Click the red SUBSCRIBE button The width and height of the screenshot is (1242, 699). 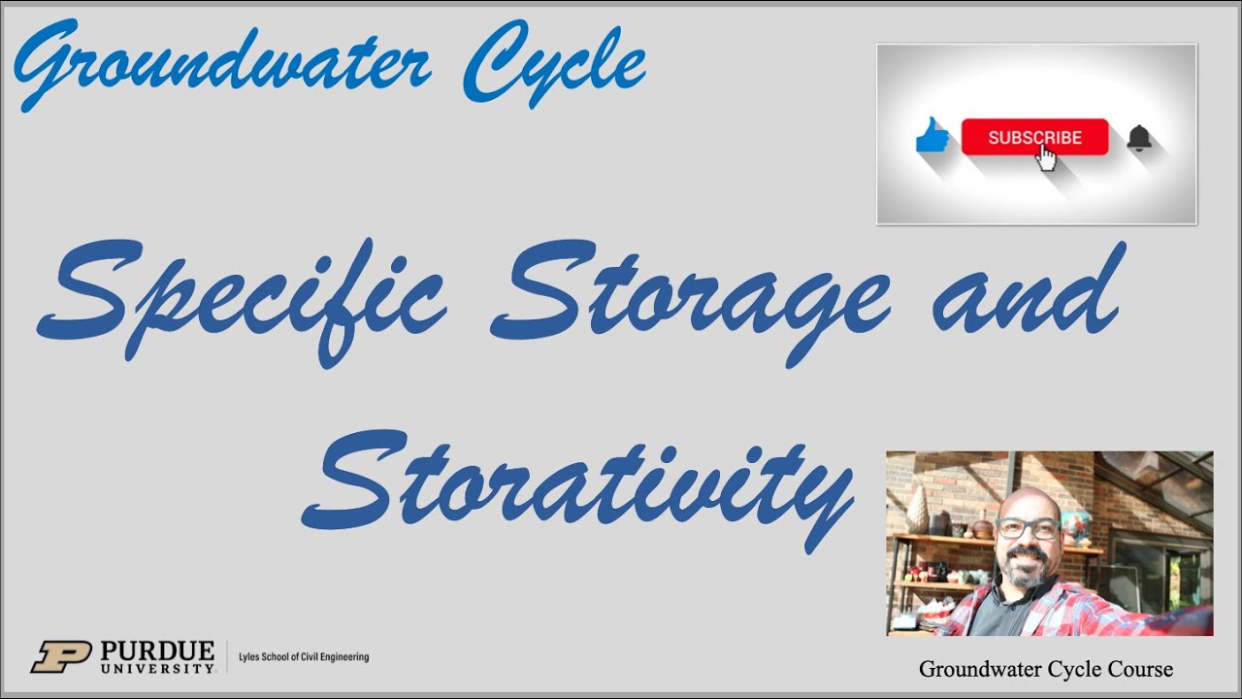(x=1033, y=137)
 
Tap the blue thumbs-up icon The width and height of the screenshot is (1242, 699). (x=932, y=136)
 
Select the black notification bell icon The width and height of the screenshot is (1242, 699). (x=1139, y=138)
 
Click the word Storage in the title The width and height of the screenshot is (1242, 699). (x=689, y=291)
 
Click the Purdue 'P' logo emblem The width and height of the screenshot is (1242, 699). (x=60, y=656)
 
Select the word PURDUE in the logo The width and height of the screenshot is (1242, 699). (x=156, y=649)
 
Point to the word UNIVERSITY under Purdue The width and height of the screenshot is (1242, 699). (x=156, y=668)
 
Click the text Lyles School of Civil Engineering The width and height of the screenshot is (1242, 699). (x=304, y=657)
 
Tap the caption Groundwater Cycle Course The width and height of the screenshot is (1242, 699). (x=1046, y=669)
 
